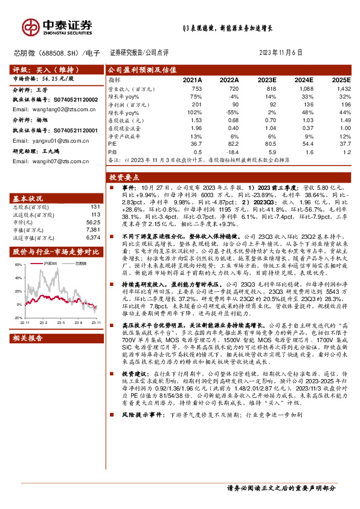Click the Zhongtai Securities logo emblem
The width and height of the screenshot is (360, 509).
[30, 27]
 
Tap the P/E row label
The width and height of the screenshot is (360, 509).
[112, 144]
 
